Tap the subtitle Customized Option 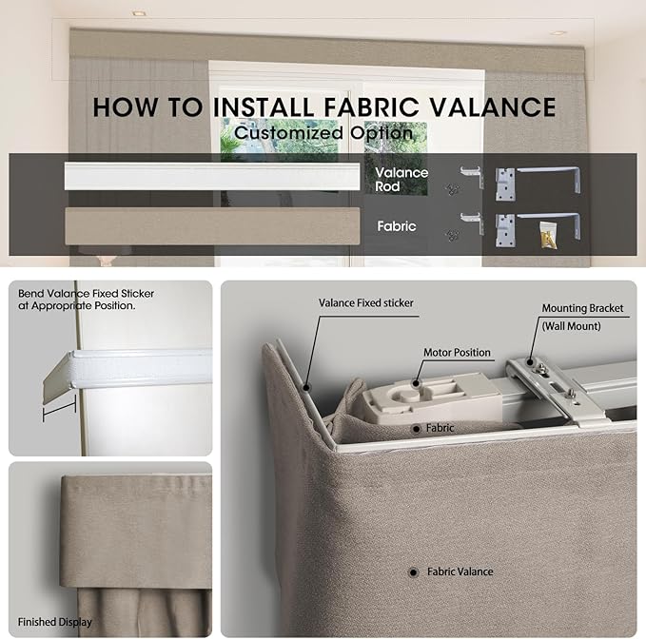tap(323, 133)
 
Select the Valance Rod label tap(401, 180)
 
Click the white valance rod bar tap(212, 176)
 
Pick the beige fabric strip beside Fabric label tap(212, 226)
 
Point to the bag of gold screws tap(548, 235)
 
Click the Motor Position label tap(457, 353)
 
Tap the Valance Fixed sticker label tap(366, 303)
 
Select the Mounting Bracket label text tap(582, 308)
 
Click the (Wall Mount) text tap(572, 326)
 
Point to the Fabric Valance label tap(460, 571)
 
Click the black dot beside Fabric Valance tap(413, 572)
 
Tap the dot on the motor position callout tap(416, 384)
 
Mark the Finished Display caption tap(55, 622)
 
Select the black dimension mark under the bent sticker tap(59, 409)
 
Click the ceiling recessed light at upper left tap(139, 13)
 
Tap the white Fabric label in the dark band tap(397, 226)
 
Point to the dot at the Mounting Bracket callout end tap(530, 362)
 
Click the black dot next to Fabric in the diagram tap(416, 429)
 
